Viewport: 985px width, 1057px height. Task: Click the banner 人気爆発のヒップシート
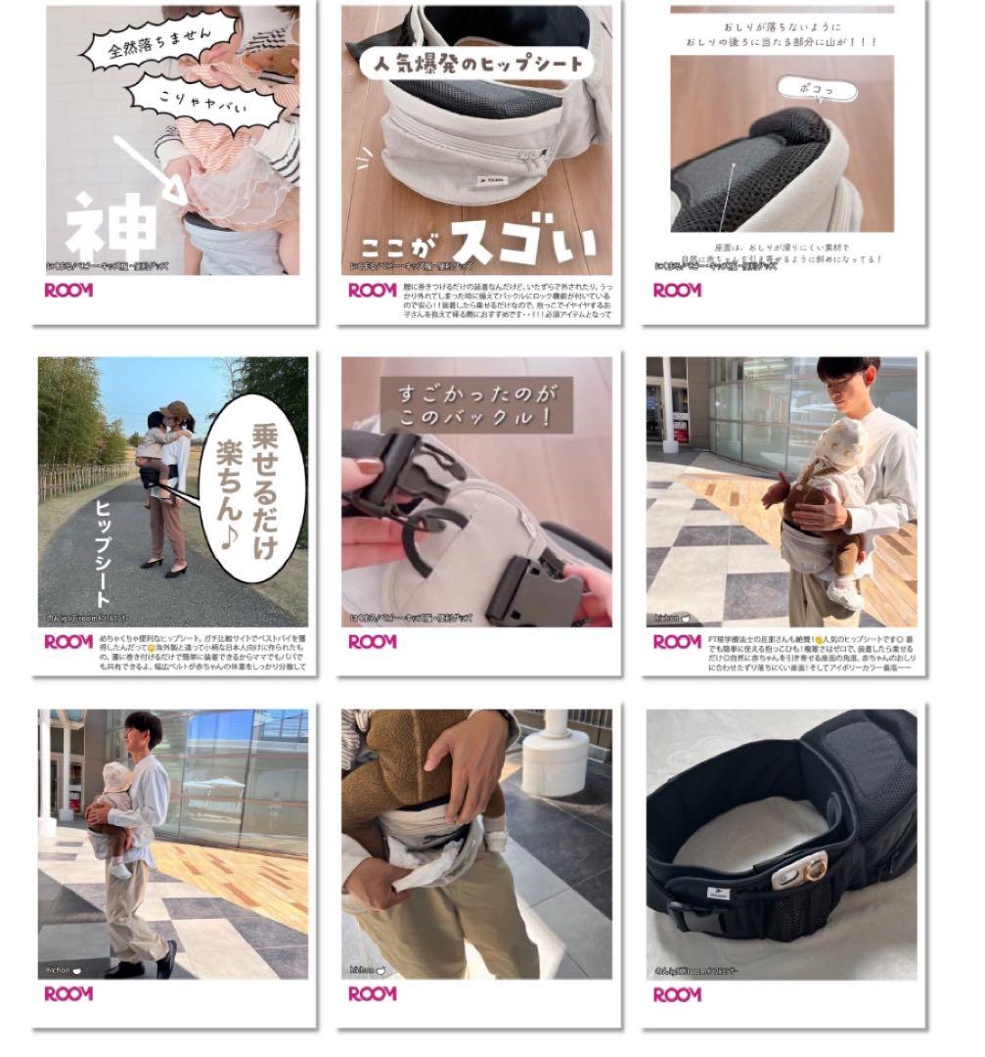click(x=477, y=64)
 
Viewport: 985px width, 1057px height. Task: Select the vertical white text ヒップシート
click(x=102, y=553)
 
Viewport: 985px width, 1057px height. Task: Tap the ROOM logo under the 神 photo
click(x=68, y=290)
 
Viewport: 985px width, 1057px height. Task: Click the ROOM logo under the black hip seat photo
click(x=677, y=994)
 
